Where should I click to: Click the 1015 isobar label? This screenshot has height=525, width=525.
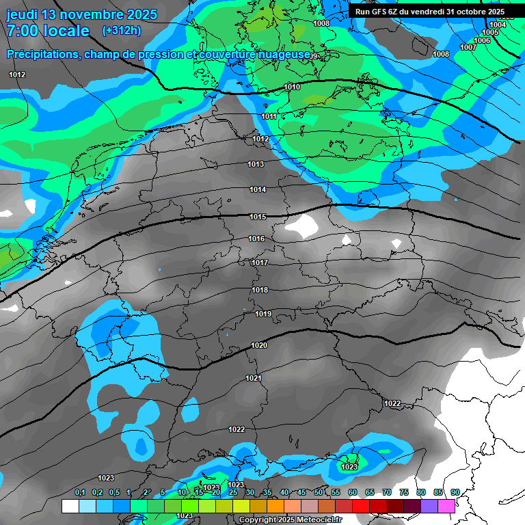tap(257, 217)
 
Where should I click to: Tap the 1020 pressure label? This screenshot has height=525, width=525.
tap(259, 345)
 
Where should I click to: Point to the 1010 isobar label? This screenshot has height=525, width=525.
tap(292, 87)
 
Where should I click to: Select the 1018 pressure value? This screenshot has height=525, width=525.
tap(260, 290)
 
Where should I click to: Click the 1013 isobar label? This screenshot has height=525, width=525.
tap(256, 164)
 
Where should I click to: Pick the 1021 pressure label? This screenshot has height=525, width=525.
tap(254, 378)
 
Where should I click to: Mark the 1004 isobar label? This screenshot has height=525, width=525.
tap(498, 25)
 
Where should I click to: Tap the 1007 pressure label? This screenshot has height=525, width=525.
tap(468, 47)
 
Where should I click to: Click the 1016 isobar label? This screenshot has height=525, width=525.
tap(257, 239)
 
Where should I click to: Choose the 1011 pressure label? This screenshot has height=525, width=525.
tap(269, 117)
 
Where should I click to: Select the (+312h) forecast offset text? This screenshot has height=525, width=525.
tap(121, 31)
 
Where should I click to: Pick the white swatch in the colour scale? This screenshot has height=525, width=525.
tap(70, 506)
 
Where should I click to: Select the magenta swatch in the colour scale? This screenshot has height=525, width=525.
tap(446, 506)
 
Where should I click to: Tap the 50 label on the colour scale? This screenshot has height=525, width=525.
tap(319, 493)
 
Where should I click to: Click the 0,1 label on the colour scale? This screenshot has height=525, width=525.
tap(80, 493)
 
